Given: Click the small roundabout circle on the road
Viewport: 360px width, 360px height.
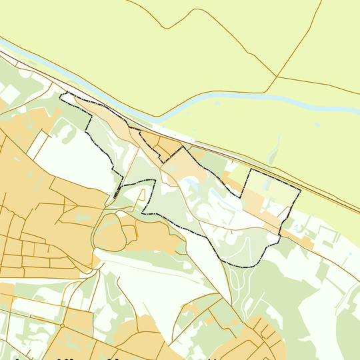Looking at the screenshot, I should (x=61, y=325).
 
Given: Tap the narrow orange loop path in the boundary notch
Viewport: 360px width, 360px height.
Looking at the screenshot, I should (x=142, y=196).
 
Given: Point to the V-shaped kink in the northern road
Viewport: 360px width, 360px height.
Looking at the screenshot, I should (x=167, y=28).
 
